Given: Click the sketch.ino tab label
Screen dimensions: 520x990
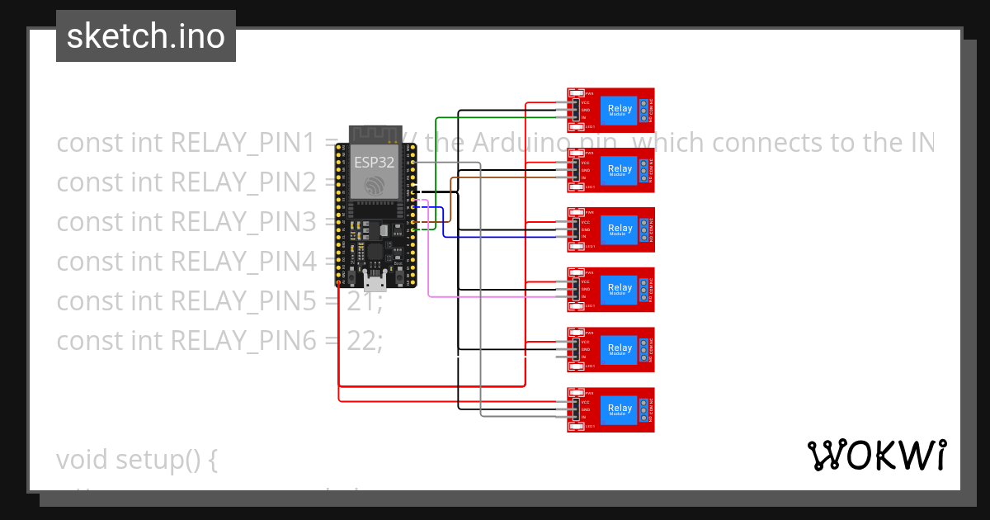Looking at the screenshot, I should tap(146, 36).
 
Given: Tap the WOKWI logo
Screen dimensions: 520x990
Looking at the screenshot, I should tap(876, 455).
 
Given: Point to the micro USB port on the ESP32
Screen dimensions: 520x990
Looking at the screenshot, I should tap(375, 283).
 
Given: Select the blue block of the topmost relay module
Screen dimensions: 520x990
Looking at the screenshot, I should tap(620, 110).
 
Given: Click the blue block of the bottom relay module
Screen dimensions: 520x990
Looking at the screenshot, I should tap(620, 409).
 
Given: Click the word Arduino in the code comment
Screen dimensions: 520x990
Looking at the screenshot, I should tap(519, 143).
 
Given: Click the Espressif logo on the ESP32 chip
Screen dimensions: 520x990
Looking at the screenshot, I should tap(375, 184).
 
